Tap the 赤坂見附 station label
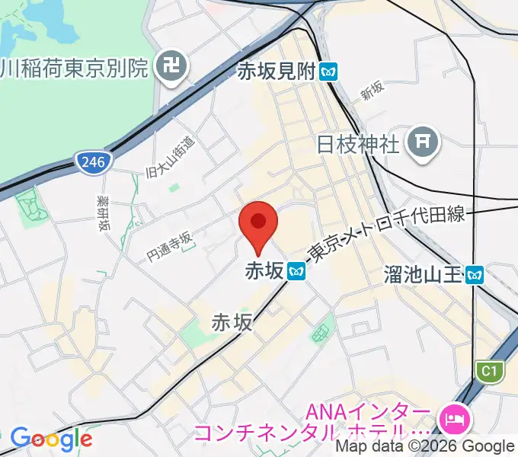click(x=277, y=72)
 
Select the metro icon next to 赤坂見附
click(x=331, y=72)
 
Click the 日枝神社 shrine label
click(x=359, y=142)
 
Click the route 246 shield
click(x=94, y=161)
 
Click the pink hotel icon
click(x=456, y=418)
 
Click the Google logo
click(x=51, y=439)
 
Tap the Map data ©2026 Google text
click(x=425, y=446)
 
